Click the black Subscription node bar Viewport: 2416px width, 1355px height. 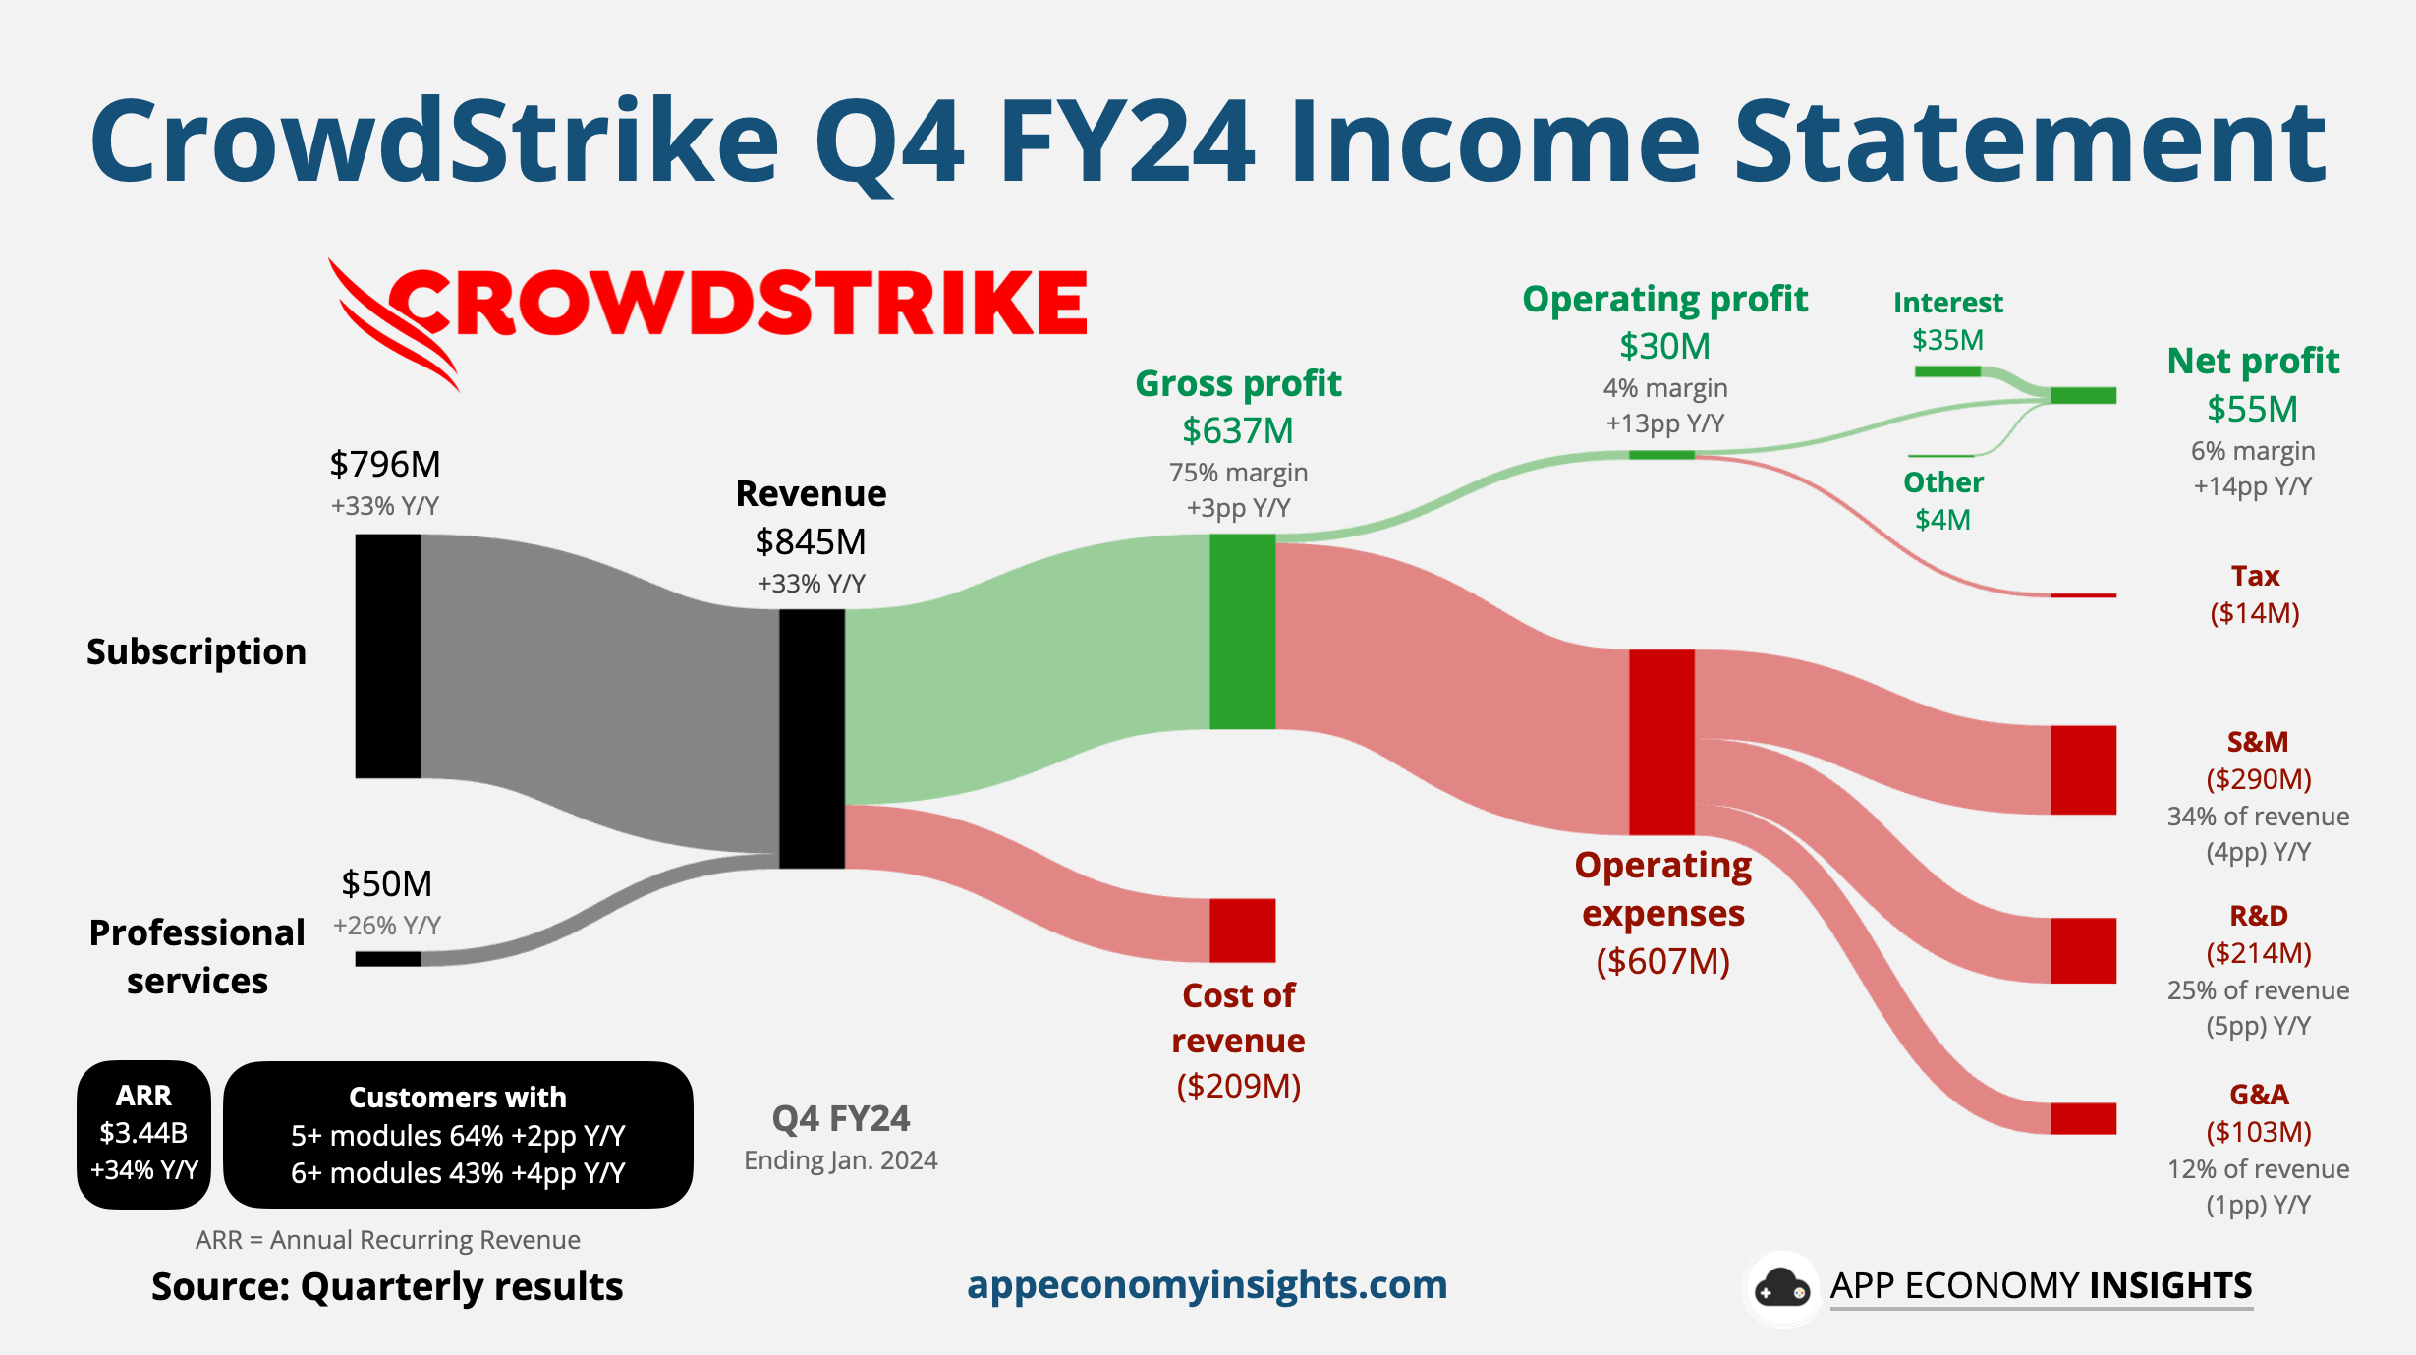[x=388, y=655]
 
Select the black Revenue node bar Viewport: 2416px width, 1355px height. [x=812, y=738]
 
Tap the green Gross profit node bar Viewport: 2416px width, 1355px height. [x=1242, y=631]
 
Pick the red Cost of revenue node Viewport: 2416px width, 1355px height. [x=1242, y=930]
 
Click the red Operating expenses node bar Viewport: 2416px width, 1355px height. [x=1661, y=741]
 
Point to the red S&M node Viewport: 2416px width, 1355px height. [x=2083, y=769]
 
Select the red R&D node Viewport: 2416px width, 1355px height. [x=2083, y=950]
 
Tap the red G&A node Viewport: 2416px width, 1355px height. [x=2083, y=1118]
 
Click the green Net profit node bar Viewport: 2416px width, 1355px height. [x=2083, y=395]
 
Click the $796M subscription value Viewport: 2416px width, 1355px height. [x=385, y=464]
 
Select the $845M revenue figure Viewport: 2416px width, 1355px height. [x=811, y=541]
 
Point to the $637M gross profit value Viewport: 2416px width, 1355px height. [x=1238, y=430]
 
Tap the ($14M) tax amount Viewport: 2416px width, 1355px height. [x=2255, y=613]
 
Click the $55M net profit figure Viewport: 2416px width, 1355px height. [x=2253, y=409]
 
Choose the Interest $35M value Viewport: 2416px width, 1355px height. [x=1947, y=340]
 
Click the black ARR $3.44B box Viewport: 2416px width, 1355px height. [x=144, y=1134]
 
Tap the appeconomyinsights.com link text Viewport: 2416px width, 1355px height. [x=1207, y=1285]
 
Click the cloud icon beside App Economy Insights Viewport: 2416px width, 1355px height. [x=1782, y=1288]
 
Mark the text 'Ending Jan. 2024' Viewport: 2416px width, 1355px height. [x=841, y=1160]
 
